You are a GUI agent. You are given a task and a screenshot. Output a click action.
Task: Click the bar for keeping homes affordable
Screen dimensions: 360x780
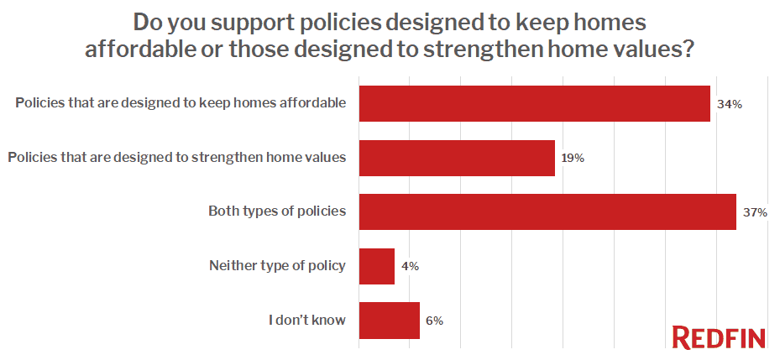point(534,104)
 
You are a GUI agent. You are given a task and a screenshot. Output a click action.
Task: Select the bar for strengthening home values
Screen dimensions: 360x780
point(457,158)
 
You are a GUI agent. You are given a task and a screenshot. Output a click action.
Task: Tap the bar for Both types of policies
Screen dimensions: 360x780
point(547,211)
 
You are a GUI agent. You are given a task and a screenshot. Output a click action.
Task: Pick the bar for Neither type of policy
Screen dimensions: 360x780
point(377,266)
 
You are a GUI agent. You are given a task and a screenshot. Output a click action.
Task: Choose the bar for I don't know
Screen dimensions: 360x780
point(389,320)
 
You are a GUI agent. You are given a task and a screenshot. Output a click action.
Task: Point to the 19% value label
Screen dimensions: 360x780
point(573,159)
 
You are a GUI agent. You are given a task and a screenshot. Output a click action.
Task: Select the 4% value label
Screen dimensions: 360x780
point(410,266)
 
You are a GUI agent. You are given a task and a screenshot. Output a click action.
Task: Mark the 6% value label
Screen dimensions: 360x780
point(434,320)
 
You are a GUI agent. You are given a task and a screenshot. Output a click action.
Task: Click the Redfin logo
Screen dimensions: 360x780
point(720,337)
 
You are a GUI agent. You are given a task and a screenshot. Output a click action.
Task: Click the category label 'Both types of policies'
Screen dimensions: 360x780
point(277,211)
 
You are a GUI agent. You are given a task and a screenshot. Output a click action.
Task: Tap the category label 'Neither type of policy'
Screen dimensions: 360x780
point(277,266)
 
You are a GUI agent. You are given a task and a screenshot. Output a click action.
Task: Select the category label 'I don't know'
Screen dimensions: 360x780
point(307,320)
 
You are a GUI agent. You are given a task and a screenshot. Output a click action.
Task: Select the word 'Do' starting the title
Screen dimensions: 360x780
point(147,21)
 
